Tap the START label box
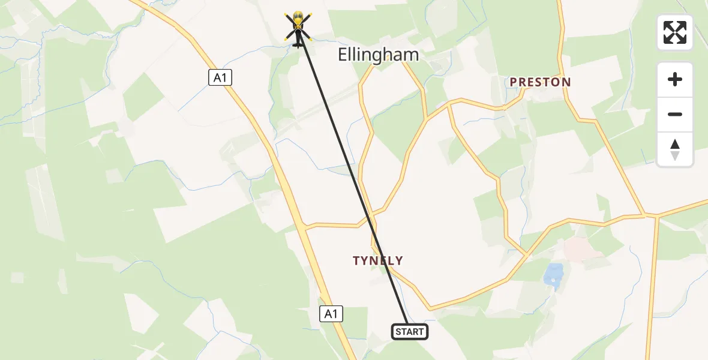[x=410, y=332]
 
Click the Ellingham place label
[x=378, y=55]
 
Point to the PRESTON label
[x=540, y=82]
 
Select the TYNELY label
[x=378, y=260]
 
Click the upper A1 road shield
[x=221, y=77]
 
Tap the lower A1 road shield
[x=331, y=313]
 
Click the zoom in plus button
[x=675, y=80]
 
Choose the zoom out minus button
[x=675, y=114]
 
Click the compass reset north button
[x=675, y=149]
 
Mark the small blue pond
[x=553, y=274]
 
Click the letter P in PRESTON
[x=514, y=82]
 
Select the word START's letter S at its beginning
[x=398, y=332]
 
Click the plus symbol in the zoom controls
[x=675, y=80]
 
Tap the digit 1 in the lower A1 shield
[x=334, y=313]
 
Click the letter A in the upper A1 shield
[x=217, y=77]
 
